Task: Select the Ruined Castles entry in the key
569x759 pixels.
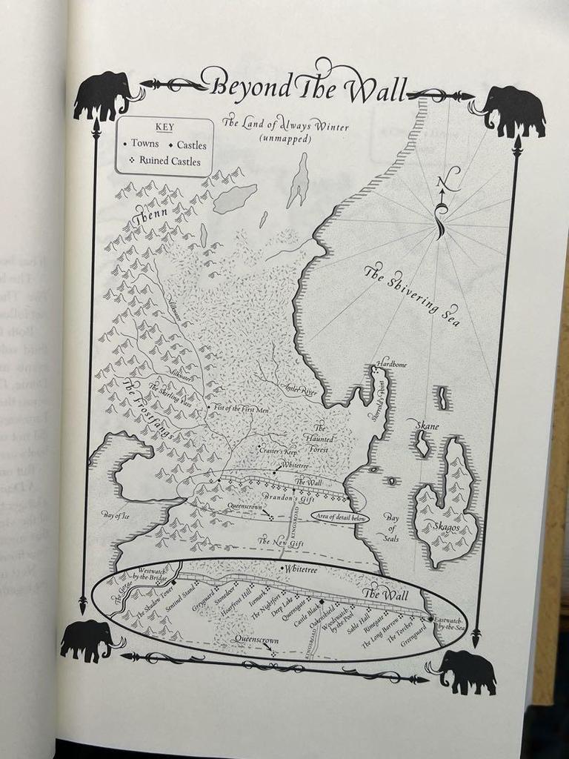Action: tap(164, 161)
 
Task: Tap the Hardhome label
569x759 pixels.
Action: tap(392, 364)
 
